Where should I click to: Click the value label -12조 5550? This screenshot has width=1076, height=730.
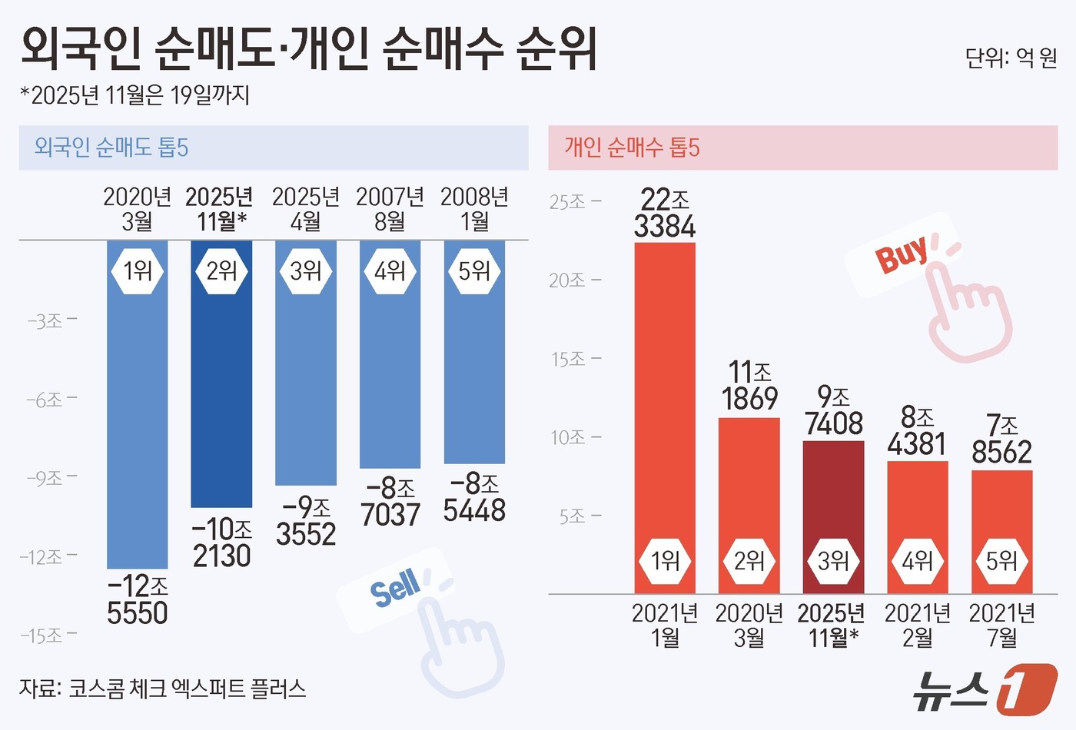coord(138,599)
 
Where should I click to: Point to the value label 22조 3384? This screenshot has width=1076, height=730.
coord(665,214)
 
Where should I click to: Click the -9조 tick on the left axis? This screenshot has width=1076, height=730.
coord(51,478)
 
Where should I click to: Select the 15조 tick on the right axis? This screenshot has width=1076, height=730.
coord(575,359)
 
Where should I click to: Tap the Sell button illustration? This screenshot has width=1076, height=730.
coord(394,589)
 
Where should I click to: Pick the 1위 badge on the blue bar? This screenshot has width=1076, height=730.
coord(138,270)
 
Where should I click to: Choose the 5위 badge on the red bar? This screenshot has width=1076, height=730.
coord(1001,561)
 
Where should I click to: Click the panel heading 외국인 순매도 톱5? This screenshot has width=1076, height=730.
coord(111,148)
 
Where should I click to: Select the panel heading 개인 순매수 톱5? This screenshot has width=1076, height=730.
coord(632,148)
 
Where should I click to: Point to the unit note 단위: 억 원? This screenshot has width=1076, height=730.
coord(1011,58)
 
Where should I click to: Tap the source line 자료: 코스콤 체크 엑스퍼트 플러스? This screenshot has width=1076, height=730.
coord(162,688)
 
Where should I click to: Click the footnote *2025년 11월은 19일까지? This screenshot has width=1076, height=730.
coord(134,95)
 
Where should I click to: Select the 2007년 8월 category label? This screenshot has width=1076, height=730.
coord(390,209)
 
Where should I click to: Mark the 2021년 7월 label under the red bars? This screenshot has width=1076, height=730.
coord(1001,625)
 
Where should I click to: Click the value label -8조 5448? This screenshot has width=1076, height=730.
coord(474,497)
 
